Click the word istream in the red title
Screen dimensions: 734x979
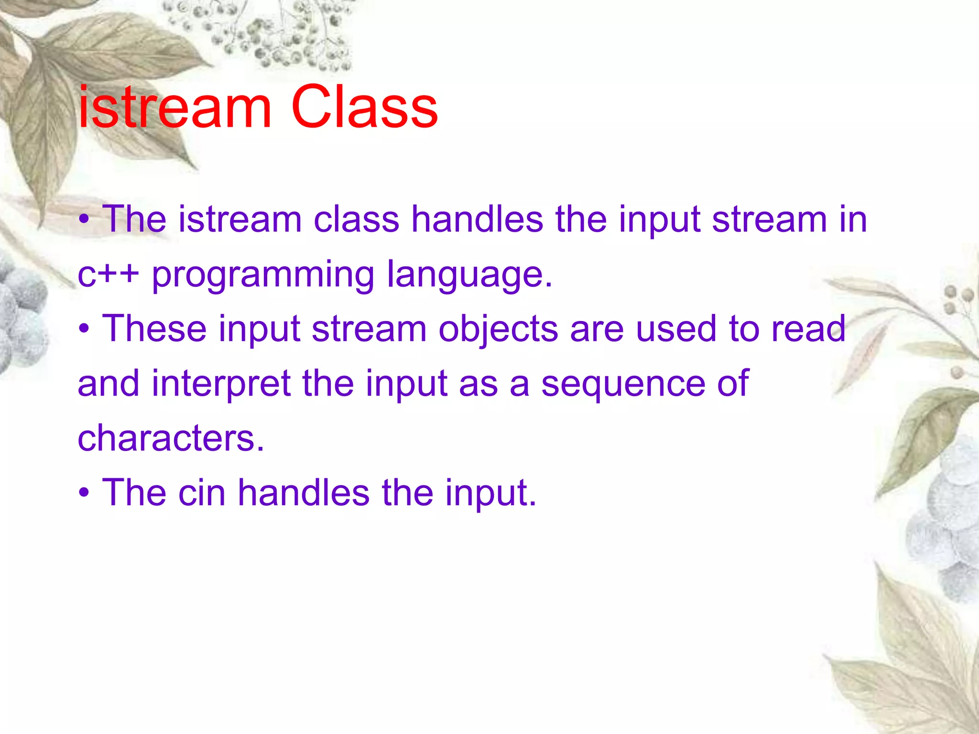[x=174, y=108]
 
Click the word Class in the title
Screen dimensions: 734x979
[x=364, y=108]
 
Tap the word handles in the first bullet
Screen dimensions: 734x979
[x=477, y=219]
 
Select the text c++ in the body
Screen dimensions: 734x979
[x=108, y=275]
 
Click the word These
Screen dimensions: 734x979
[x=154, y=329]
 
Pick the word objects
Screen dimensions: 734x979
[x=498, y=330]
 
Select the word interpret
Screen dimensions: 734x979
[x=221, y=384]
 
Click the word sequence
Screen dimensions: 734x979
[x=622, y=384]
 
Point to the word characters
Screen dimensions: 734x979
[x=170, y=438]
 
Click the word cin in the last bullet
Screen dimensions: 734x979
[x=201, y=493]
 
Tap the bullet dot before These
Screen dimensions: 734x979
[x=84, y=329]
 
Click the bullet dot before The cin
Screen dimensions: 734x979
[x=84, y=493]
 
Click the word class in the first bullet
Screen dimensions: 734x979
[x=356, y=219]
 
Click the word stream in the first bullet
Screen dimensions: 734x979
[x=769, y=219]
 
